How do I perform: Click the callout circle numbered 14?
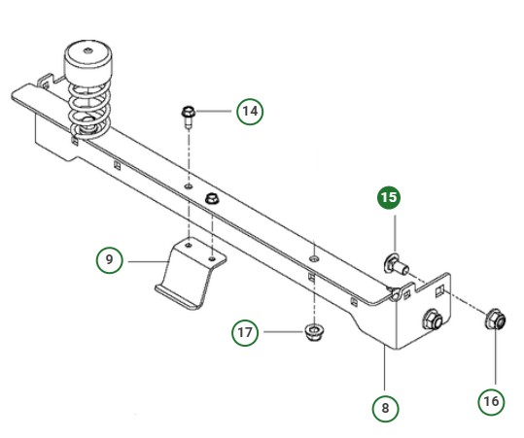249,111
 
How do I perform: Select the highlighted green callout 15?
389,198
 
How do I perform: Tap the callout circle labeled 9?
110,259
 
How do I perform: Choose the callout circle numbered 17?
246,333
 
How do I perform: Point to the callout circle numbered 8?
386,409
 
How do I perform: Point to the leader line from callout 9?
151,259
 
